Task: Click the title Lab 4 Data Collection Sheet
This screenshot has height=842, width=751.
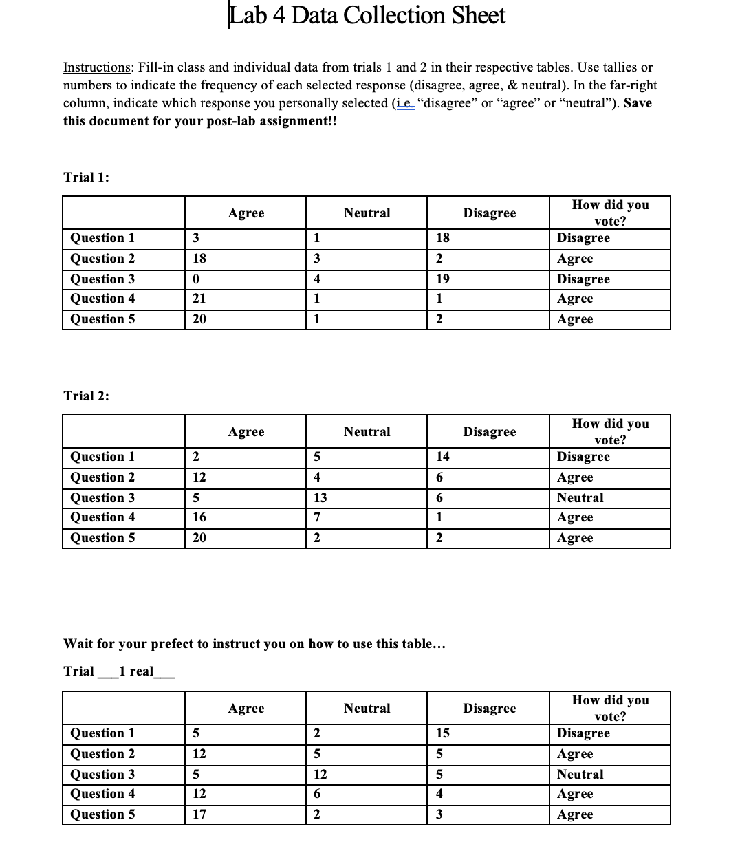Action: tap(367, 15)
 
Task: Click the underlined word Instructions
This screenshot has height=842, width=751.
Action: tap(97, 67)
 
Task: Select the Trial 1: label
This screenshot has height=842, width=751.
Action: tap(87, 177)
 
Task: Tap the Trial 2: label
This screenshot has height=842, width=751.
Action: tap(87, 396)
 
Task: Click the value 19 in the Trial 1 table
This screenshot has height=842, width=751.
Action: tap(443, 279)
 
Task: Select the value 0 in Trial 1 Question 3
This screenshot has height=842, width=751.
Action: tap(195, 279)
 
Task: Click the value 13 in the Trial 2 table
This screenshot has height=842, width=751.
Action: tap(320, 498)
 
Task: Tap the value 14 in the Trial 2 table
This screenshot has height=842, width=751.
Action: tap(443, 457)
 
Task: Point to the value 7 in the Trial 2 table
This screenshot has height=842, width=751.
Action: tap(317, 517)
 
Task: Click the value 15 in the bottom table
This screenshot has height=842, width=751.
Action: tap(443, 733)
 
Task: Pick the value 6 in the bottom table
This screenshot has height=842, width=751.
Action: tap(317, 794)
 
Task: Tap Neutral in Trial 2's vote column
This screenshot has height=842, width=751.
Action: tap(580, 498)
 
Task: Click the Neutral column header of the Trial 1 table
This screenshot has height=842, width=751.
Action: tap(367, 213)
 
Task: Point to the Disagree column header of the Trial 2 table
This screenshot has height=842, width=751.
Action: tap(489, 432)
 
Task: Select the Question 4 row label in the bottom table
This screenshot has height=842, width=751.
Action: tap(102, 794)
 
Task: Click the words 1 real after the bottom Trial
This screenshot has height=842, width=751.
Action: tap(135, 671)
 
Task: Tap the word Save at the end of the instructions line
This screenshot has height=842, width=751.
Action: tap(637, 103)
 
